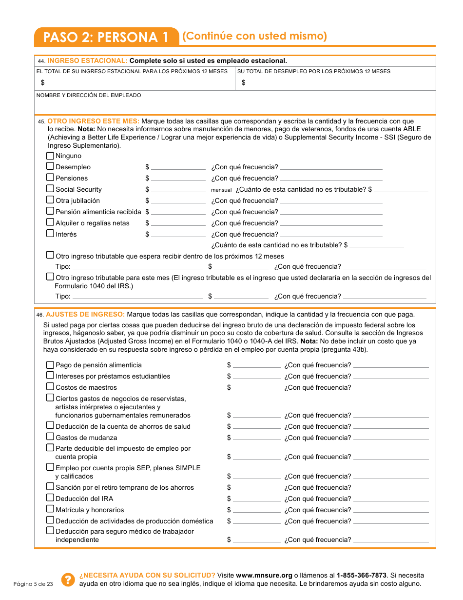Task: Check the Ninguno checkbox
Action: coord(50,156)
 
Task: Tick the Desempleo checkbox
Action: coord(50,167)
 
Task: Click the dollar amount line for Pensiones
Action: coord(178,179)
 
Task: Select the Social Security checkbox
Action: coord(50,189)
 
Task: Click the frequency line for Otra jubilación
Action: coord(331,201)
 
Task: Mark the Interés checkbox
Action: coord(50,234)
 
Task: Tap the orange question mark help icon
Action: coord(67,580)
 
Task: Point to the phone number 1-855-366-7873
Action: coord(361,575)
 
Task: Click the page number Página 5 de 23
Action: coord(33,584)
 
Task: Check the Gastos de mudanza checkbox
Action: coord(50,438)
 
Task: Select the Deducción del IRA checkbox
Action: coord(50,499)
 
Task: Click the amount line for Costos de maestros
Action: coord(256,388)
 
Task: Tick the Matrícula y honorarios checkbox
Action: coord(50,510)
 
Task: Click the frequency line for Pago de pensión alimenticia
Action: coord(391,365)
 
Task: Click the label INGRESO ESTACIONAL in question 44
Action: coord(87,61)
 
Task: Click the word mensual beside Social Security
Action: coord(221,190)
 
